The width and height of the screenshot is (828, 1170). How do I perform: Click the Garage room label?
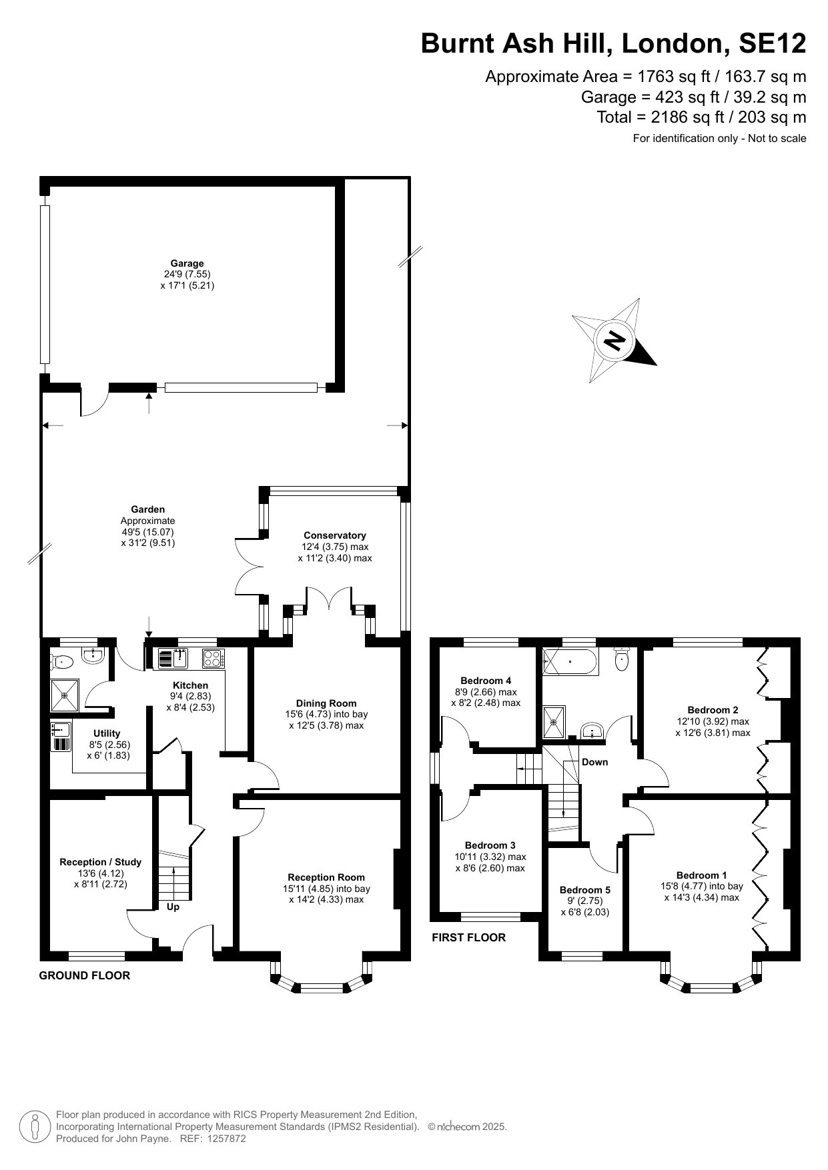tap(187, 263)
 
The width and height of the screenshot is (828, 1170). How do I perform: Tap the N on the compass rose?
tap(614, 341)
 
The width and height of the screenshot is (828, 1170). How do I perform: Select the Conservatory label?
tap(335, 535)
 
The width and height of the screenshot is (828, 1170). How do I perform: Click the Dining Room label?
tap(326, 703)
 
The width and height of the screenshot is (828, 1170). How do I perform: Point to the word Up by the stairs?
tap(173, 907)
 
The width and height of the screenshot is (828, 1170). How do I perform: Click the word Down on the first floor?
tap(594, 762)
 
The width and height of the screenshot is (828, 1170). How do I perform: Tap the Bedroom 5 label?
tap(585, 889)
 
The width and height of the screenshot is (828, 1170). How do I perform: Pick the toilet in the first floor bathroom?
tap(621, 659)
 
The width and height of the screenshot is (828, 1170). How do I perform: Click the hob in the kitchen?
tap(213, 659)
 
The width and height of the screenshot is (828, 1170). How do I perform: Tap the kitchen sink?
tap(173, 659)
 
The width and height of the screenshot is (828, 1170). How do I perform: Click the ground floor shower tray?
tap(65, 695)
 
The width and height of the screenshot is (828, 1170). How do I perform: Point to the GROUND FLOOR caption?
tap(85, 975)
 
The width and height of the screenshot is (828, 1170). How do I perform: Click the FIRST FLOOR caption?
tap(469, 937)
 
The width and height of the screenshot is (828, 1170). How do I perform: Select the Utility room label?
tap(107, 733)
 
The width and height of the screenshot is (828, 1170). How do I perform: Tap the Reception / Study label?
tap(101, 862)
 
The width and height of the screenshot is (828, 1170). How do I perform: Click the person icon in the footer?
tap(35, 1126)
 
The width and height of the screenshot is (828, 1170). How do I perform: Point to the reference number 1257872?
tap(224, 1139)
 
